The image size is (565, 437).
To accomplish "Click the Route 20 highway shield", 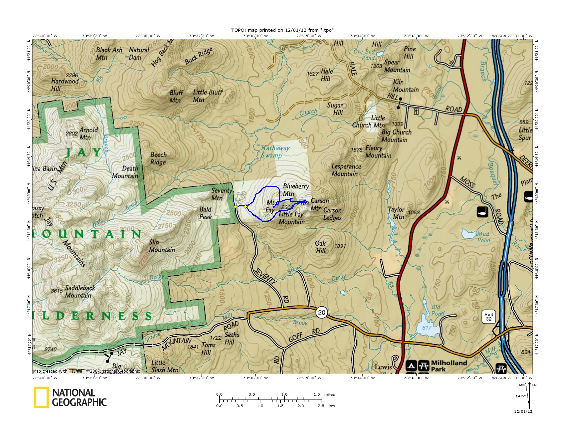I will pos(321,312).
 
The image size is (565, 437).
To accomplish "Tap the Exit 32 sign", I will pos(489,317).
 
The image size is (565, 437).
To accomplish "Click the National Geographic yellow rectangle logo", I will pos(41,397).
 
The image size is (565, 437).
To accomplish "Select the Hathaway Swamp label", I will pos(275,152).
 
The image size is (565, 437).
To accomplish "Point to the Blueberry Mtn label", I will pos(295,190).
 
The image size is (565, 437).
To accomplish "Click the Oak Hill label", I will pos(320,247).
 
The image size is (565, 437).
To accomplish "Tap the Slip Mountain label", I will pos(162,246).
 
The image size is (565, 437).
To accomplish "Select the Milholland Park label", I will pos(449,366).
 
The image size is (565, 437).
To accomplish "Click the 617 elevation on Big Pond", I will pos(427,328).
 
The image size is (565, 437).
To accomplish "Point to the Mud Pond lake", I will pos(469,234).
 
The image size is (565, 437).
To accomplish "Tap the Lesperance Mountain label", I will pos(346,170).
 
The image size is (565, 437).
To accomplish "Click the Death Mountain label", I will pos(125,172).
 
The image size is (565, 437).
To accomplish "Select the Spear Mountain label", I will pos(397,66).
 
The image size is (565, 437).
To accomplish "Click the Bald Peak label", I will pos(205,213).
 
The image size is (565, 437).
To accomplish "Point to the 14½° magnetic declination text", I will pos(520,396).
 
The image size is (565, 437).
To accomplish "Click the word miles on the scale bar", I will pos(330,395).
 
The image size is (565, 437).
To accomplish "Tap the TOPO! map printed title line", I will pos(282,30).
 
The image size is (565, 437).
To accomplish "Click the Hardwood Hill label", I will pos(65,85).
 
